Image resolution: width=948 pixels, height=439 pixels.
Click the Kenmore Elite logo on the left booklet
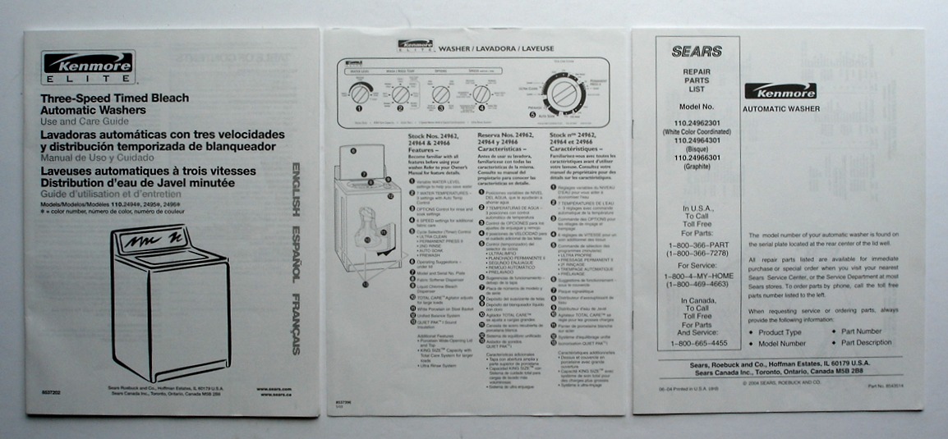[89, 67]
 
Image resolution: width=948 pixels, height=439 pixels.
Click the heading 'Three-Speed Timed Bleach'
[115, 98]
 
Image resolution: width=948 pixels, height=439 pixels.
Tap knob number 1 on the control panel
[361, 94]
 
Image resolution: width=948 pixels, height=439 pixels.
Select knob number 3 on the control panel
[440, 94]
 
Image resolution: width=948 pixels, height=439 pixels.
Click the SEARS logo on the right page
[697, 52]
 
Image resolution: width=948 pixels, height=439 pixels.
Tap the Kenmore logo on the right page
[780, 91]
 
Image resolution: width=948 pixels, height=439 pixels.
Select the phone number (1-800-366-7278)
[697, 253]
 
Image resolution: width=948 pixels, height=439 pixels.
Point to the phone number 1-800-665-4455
[697, 344]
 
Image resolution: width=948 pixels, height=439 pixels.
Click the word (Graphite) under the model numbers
[697, 167]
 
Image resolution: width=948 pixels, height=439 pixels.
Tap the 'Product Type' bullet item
[780, 332]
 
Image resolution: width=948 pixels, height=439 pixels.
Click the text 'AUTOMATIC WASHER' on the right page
[780, 108]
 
